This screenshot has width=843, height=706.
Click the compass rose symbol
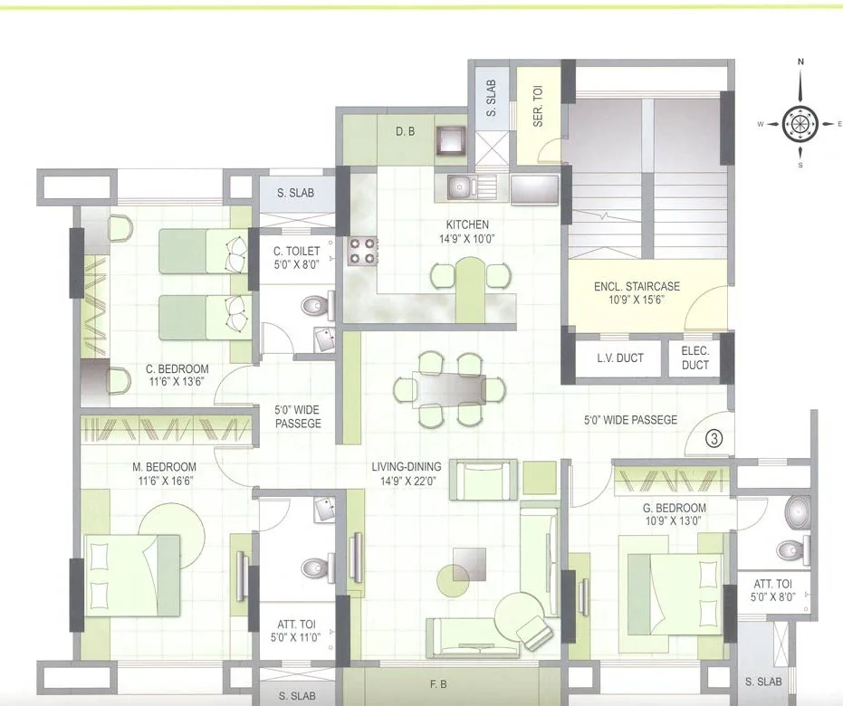(800, 123)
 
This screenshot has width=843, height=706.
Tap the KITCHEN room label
(467, 224)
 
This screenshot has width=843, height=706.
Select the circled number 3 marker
(714, 439)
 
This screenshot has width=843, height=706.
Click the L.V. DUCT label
(620, 358)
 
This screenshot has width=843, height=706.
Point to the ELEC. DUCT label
(695, 358)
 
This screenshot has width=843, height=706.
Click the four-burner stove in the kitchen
(362, 251)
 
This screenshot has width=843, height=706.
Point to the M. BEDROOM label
(164, 467)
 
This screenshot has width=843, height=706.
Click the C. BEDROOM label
(177, 369)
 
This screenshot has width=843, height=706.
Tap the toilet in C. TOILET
(313, 306)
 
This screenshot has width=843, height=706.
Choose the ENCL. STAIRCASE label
(637, 286)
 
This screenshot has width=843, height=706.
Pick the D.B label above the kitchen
(405, 131)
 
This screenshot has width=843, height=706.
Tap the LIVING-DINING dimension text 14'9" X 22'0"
(407, 481)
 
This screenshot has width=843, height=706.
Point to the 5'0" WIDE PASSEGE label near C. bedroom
(298, 416)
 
